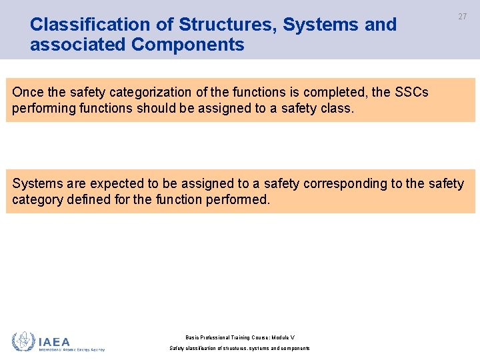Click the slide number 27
(x=462, y=17)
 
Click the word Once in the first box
(x=27, y=92)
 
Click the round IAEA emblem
(x=23, y=342)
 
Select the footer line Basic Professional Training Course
(x=239, y=338)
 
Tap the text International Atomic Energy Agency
(x=72, y=349)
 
